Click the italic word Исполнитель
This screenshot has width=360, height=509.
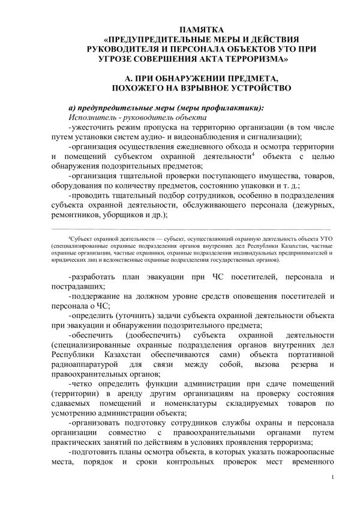(x=94, y=117)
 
